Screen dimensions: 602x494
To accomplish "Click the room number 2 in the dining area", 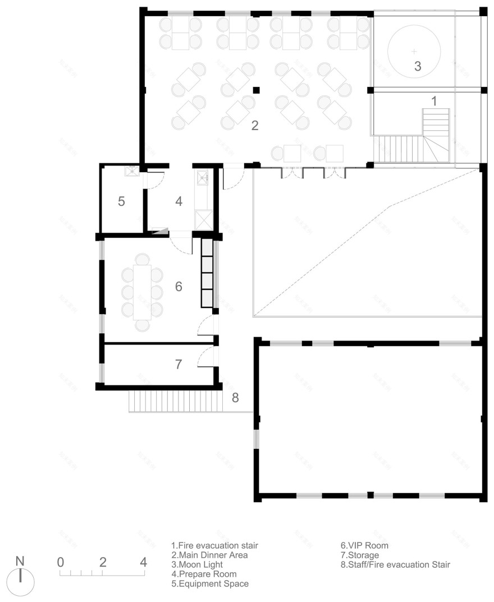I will pyautogui.click(x=254, y=126).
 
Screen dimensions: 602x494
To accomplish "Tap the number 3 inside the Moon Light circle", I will pyautogui.click(x=417, y=66).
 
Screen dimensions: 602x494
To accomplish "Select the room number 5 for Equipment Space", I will pyautogui.click(x=121, y=201).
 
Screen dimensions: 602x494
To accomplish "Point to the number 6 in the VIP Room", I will pyautogui.click(x=179, y=287).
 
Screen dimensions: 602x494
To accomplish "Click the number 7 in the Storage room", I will pyautogui.click(x=179, y=364).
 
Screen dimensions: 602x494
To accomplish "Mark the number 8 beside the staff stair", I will pyautogui.click(x=235, y=398).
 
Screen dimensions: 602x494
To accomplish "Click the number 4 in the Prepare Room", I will pyautogui.click(x=179, y=201).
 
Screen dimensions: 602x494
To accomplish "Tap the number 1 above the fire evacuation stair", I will pyautogui.click(x=433, y=100).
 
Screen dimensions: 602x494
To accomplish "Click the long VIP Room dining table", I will pyautogui.click(x=143, y=292).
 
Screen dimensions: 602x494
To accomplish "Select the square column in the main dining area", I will pyautogui.click(x=256, y=89).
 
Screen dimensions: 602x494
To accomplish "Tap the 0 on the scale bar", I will pyautogui.click(x=61, y=562).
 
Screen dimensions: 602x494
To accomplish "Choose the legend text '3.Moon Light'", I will pyautogui.click(x=197, y=564).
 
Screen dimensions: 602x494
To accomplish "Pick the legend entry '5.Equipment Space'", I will pyautogui.click(x=210, y=583).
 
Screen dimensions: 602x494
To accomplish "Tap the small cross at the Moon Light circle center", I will pyautogui.click(x=415, y=50).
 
